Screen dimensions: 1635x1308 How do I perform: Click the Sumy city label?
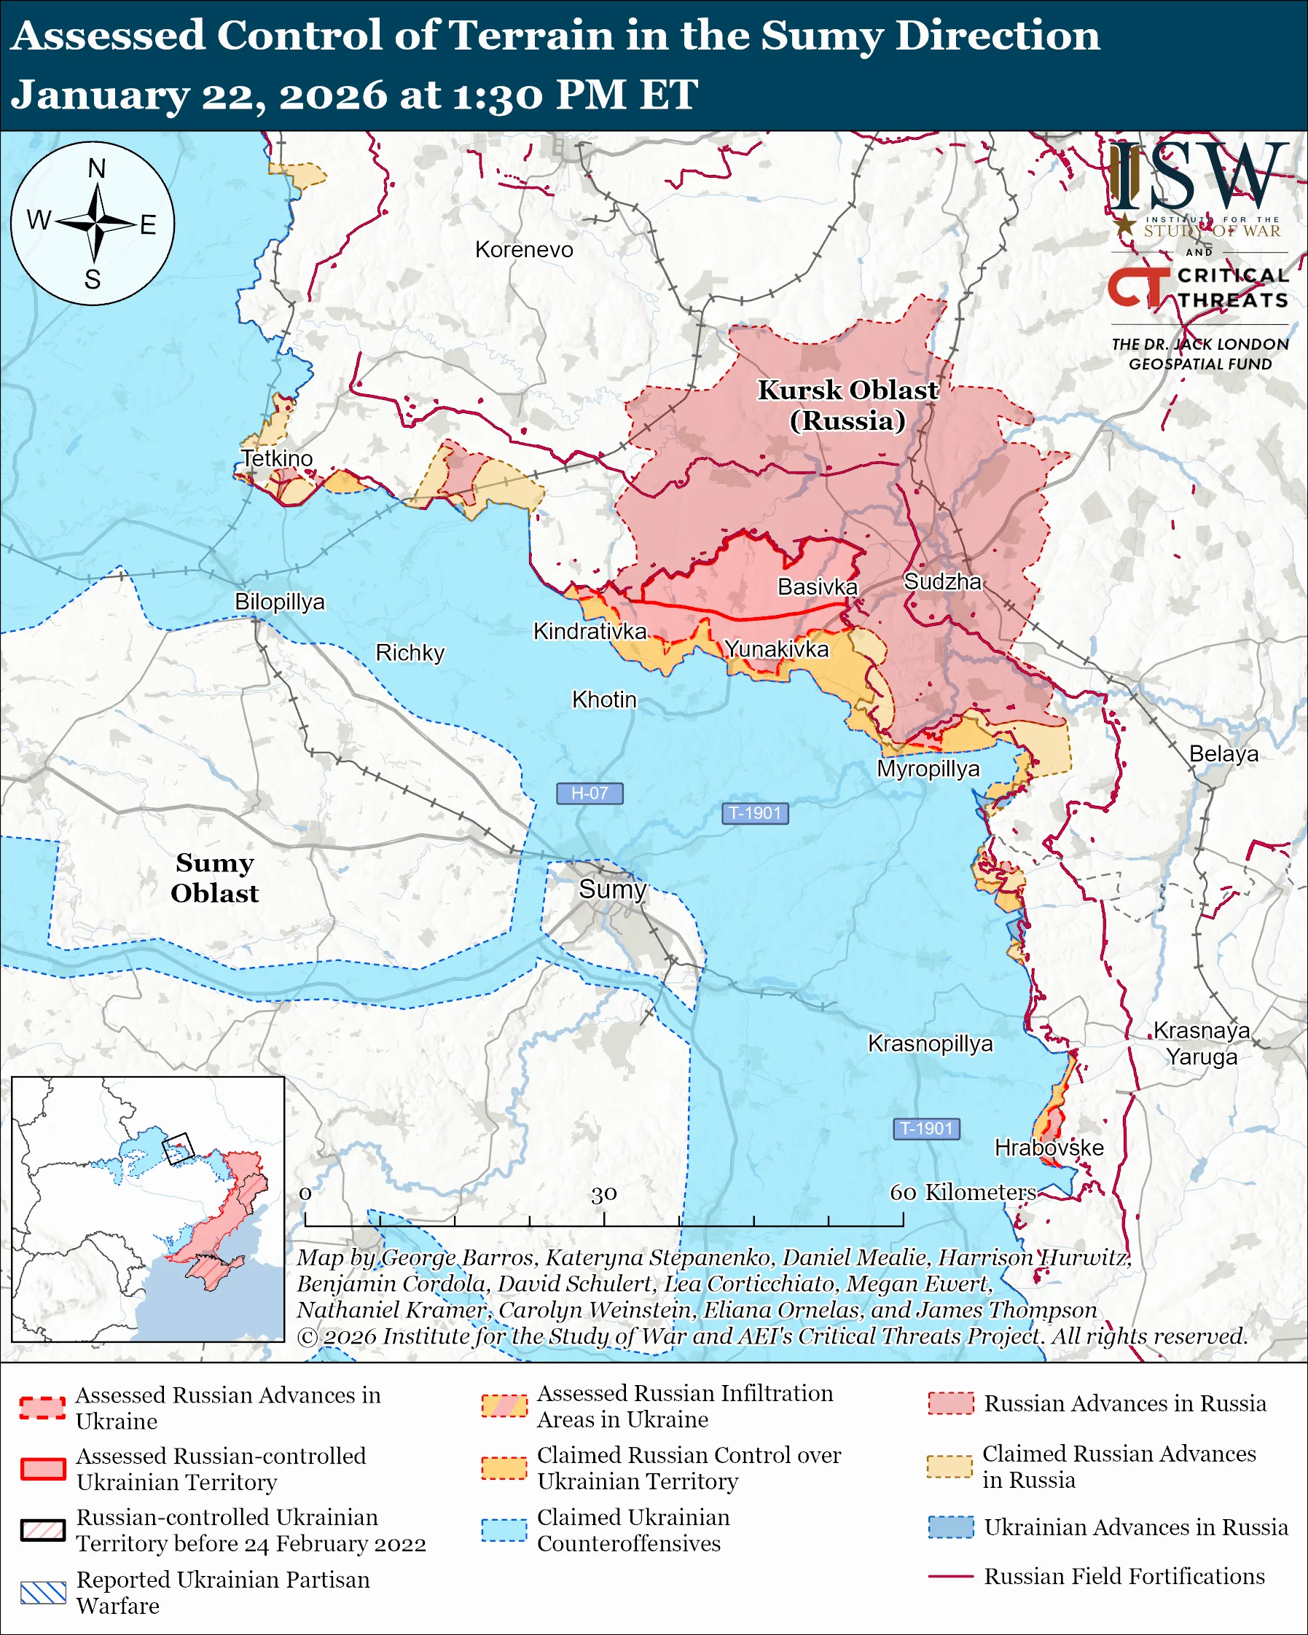click(612, 889)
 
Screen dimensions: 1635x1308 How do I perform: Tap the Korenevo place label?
click(524, 249)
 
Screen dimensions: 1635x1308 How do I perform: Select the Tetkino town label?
click(277, 458)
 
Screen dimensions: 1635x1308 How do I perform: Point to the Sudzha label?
click(942, 581)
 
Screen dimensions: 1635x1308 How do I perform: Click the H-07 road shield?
click(590, 793)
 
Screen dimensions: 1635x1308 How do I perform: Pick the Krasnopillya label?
click(930, 1043)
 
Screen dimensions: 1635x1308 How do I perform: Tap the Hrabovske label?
click(1049, 1148)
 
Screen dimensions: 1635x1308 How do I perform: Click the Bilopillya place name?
click(279, 601)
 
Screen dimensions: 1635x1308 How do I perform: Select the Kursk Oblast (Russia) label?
click(847, 405)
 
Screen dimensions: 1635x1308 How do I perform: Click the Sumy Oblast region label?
click(214, 878)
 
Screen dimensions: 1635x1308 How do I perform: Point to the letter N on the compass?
click(96, 168)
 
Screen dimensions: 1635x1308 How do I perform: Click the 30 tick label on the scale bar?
click(603, 1194)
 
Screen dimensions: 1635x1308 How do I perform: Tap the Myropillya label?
click(928, 769)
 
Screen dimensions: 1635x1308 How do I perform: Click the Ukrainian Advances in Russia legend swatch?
click(951, 1526)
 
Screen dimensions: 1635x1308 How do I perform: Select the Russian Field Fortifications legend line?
click(951, 1576)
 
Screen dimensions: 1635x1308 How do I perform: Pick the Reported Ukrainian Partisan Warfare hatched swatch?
click(43, 1593)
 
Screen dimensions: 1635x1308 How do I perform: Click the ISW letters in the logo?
click(1198, 176)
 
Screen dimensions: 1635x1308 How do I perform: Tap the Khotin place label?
click(603, 699)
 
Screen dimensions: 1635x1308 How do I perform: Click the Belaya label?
click(1223, 754)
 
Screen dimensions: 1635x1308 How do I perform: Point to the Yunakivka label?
click(777, 649)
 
